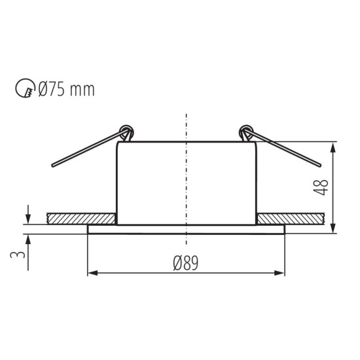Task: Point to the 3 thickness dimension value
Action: [21, 251]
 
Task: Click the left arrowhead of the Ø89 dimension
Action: [92, 273]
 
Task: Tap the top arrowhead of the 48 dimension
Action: [334, 146]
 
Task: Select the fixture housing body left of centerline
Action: [151, 183]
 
